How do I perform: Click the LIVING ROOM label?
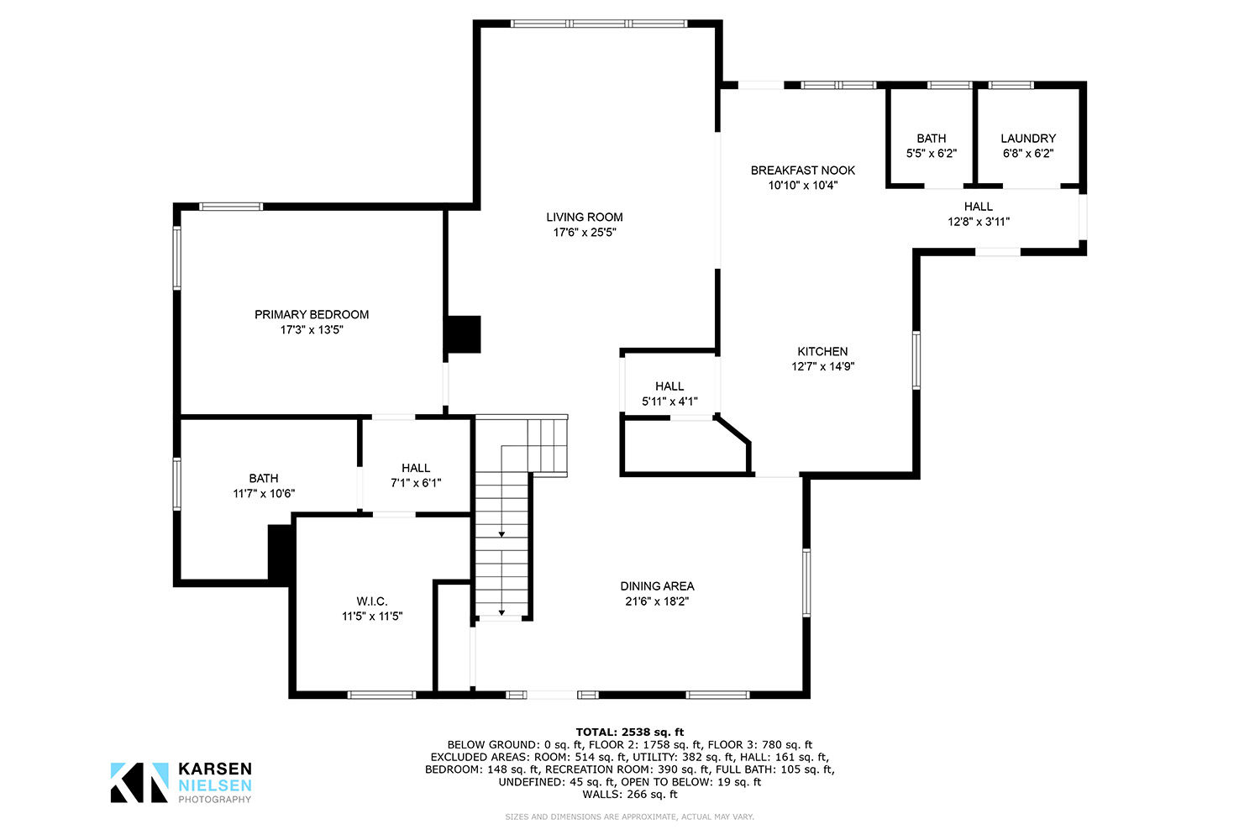click(x=585, y=218)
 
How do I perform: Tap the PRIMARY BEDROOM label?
click(x=312, y=314)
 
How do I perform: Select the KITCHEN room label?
click(x=822, y=352)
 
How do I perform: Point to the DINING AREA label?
click(x=657, y=586)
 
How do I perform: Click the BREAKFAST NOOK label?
click(x=803, y=171)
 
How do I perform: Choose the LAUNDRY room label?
click(x=1028, y=139)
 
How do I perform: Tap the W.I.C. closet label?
click(x=372, y=601)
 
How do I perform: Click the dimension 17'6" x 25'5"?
click(x=585, y=233)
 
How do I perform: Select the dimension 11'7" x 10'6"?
click(x=264, y=493)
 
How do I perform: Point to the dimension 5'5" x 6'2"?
click(x=932, y=153)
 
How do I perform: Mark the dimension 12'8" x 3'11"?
click(x=979, y=222)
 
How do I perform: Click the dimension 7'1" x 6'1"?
click(x=416, y=483)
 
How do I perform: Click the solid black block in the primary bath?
click(x=280, y=554)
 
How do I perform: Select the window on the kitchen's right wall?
click(x=916, y=360)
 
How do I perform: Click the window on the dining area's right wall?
click(x=806, y=582)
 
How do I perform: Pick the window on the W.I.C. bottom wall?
click(x=381, y=695)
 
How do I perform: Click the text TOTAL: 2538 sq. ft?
click(x=629, y=732)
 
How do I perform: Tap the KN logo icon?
click(x=139, y=782)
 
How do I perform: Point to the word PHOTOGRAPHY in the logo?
click(x=215, y=800)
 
